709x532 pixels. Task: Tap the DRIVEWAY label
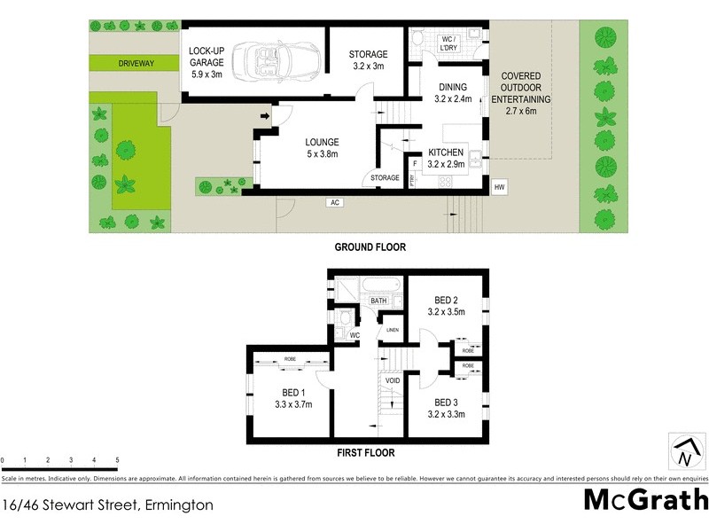tap(136, 64)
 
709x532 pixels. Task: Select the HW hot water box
tap(500, 187)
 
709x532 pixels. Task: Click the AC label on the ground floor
tap(335, 202)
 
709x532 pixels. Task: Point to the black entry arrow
tap(265, 115)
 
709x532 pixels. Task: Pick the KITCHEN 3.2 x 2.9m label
tap(447, 158)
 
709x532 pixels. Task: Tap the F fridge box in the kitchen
tap(415, 163)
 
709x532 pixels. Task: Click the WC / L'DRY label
tap(448, 44)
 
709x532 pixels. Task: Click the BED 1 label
tap(292, 399)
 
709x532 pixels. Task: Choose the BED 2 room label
tap(447, 305)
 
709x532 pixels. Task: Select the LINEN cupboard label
tap(392, 330)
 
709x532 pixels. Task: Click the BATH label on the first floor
tap(378, 301)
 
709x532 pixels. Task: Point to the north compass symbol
tap(684, 451)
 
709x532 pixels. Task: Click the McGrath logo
tap(645, 499)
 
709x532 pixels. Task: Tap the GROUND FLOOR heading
tap(370, 247)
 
